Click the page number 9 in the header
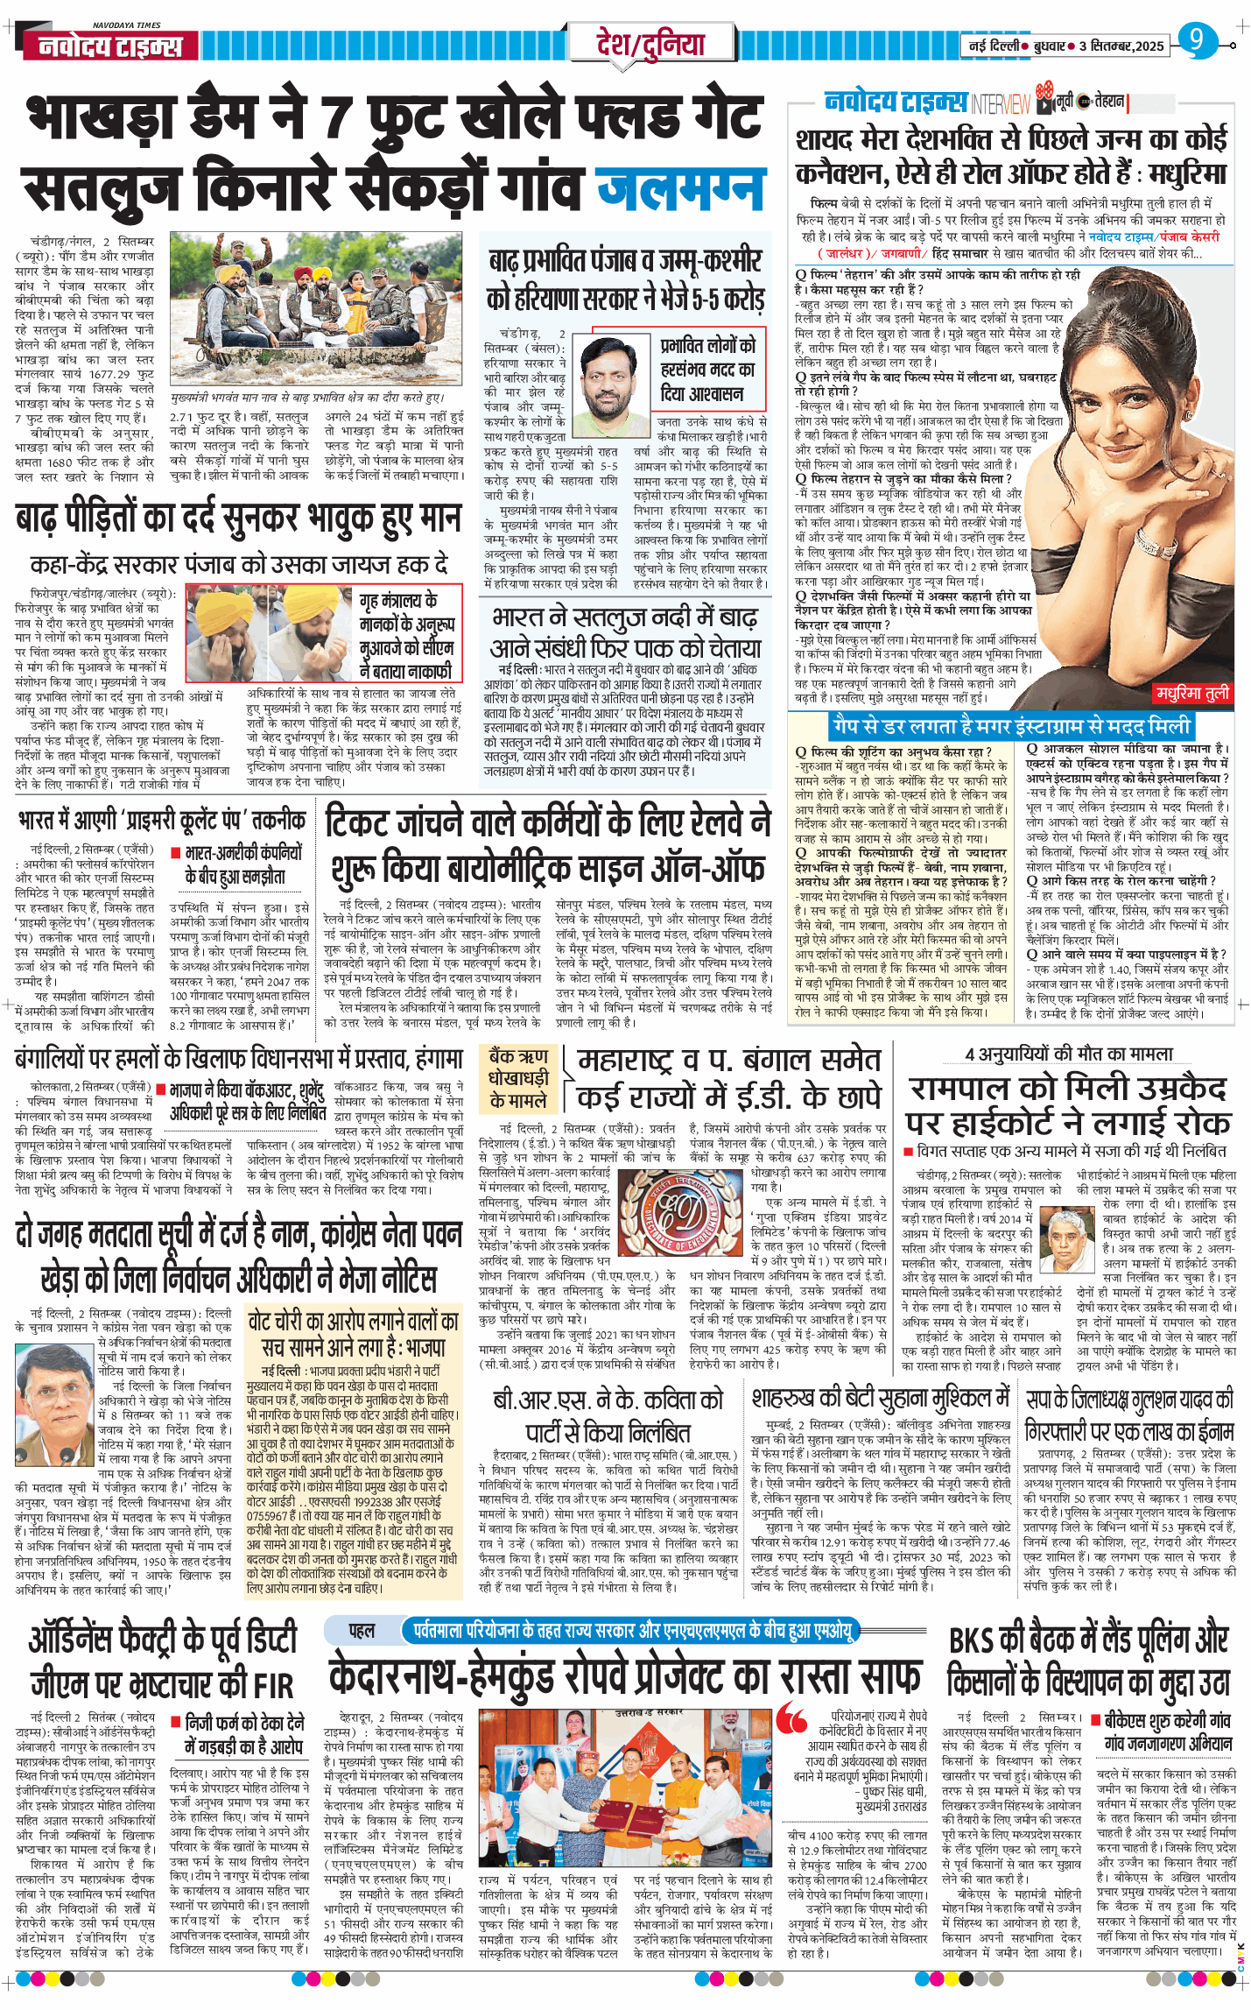1196,40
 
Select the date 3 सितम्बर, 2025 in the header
1121,46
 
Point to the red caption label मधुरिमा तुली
1191,693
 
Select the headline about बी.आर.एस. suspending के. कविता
608,1416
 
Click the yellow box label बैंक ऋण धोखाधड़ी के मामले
518,1078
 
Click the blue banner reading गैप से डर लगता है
1010,726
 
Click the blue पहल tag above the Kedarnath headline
362,1630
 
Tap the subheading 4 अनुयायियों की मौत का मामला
1068,1054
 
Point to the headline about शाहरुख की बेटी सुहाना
880,1398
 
